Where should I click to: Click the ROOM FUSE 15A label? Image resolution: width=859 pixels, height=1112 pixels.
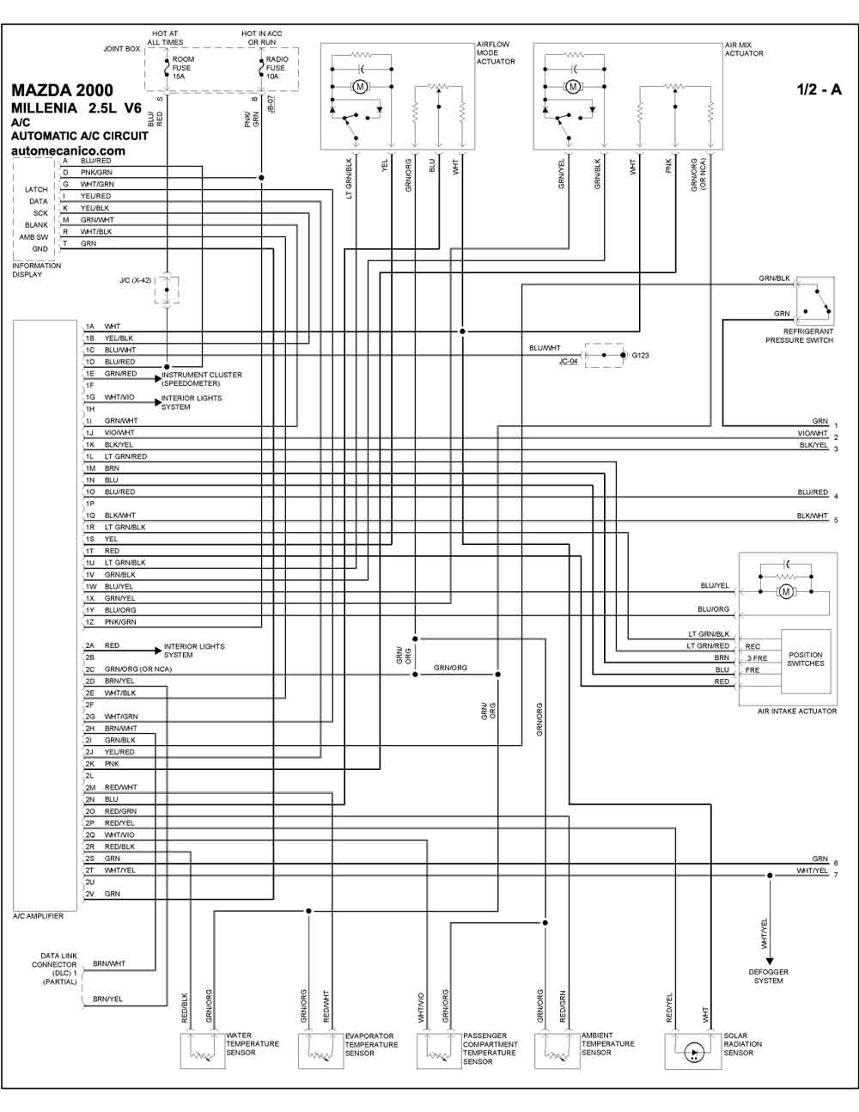(x=183, y=68)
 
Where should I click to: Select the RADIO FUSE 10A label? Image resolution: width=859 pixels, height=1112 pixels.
(x=277, y=68)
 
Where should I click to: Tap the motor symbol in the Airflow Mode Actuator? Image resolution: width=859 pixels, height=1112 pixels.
(x=360, y=87)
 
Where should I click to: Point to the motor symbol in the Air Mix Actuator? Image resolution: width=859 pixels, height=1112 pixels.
(x=573, y=87)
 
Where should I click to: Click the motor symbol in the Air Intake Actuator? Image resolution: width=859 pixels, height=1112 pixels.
(x=786, y=592)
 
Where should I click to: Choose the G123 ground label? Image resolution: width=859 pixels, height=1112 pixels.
(x=640, y=355)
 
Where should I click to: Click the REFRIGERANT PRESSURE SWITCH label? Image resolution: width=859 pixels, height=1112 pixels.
(x=799, y=336)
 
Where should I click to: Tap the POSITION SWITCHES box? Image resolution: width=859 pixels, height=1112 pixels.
(x=806, y=661)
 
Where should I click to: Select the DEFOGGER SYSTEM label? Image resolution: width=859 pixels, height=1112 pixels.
(x=769, y=976)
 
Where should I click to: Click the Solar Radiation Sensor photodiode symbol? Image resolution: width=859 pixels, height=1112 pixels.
(x=694, y=1053)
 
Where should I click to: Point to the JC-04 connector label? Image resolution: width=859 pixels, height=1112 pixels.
(x=568, y=361)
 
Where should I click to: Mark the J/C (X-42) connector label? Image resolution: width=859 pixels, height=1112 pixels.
(x=135, y=280)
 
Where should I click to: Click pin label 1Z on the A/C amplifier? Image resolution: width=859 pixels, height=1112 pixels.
(x=90, y=622)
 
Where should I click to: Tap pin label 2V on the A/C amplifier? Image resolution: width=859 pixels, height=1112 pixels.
(x=90, y=894)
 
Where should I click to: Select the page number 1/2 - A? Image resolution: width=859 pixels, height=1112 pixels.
(x=819, y=89)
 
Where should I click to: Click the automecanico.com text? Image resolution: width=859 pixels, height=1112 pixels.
(x=68, y=151)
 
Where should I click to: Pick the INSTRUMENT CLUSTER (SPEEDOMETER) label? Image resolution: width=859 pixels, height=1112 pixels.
(x=202, y=379)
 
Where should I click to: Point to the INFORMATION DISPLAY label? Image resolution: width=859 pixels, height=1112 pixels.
(x=36, y=270)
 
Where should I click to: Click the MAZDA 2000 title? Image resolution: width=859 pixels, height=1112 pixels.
(x=62, y=90)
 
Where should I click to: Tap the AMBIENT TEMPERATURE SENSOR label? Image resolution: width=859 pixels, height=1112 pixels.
(x=607, y=1044)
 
